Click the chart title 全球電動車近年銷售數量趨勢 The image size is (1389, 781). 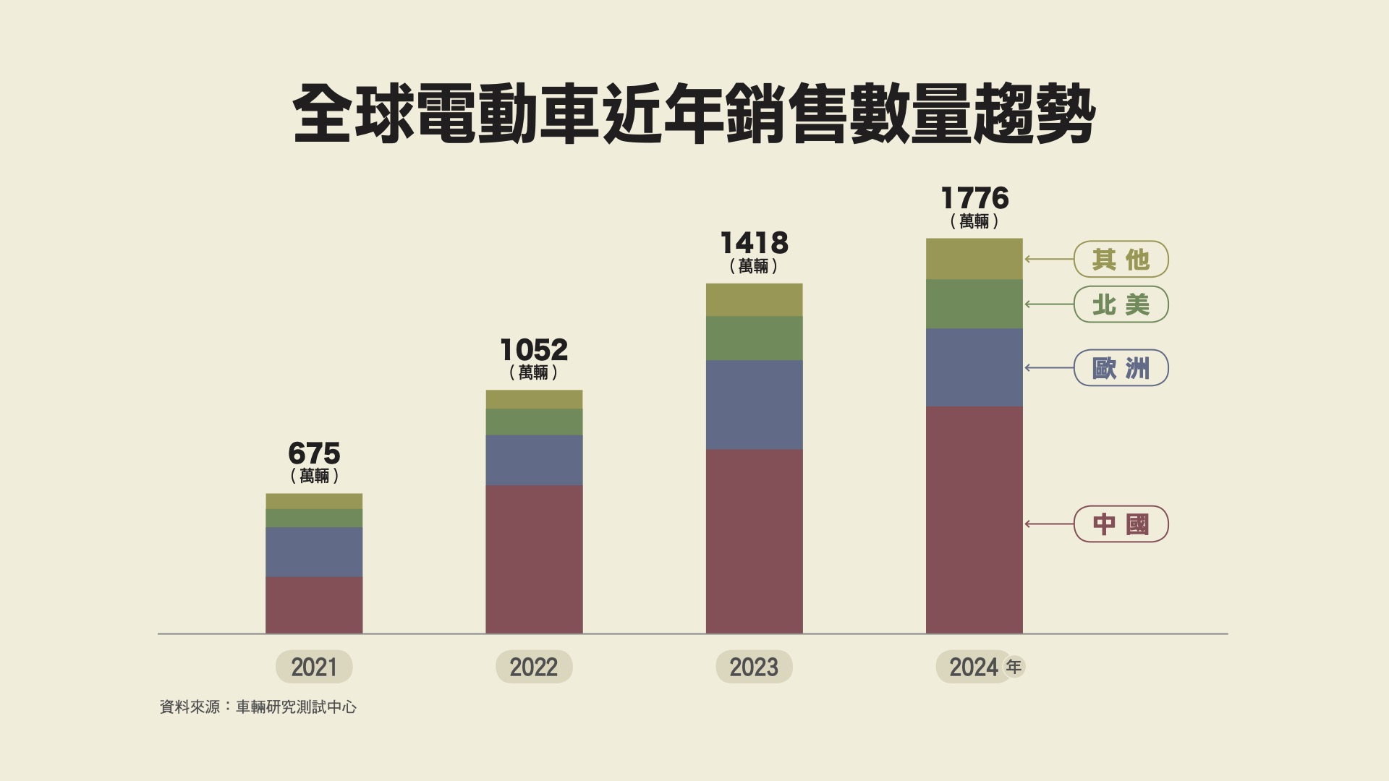click(x=694, y=114)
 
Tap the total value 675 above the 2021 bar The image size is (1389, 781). click(x=314, y=453)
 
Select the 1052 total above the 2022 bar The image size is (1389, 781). click(x=534, y=350)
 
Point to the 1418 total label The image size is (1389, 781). click(x=754, y=243)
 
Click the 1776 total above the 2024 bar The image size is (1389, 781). click(x=974, y=198)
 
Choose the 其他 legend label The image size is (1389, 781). click(x=1121, y=259)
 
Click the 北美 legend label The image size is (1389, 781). click(x=1121, y=304)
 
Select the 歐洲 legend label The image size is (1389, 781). click(x=1121, y=368)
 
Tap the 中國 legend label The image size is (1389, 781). click(x=1121, y=524)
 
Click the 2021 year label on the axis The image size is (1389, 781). click(x=314, y=667)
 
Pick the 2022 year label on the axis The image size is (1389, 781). click(x=534, y=667)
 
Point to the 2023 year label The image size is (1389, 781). click(x=754, y=667)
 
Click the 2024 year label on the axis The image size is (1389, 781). click(x=974, y=667)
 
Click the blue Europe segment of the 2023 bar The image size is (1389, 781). click(x=754, y=405)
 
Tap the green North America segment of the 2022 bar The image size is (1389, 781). click(x=534, y=422)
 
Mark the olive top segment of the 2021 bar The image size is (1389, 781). click(x=314, y=501)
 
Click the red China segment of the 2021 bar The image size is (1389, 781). click(x=314, y=605)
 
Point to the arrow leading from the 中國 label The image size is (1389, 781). click(x=1049, y=524)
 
